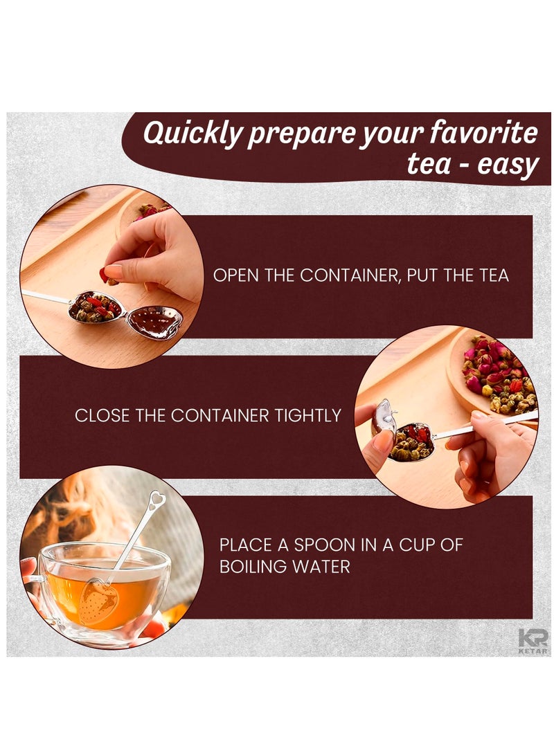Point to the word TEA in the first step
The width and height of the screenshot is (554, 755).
click(x=493, y=275)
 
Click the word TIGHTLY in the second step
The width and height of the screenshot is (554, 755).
click(x=310, y=416)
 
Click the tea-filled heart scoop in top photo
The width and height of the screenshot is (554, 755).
click(x=96, y=307)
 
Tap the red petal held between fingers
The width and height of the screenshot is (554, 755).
click(x=105, y=275)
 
